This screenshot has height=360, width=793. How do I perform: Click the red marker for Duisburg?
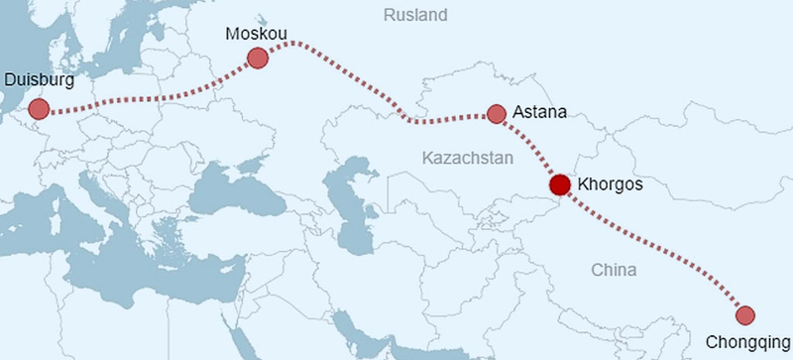[x=39, y=108]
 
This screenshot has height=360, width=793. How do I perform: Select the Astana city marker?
[x=497, y=114]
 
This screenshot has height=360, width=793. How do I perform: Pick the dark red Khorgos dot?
[x=559, y=184]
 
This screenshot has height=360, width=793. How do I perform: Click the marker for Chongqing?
[x=745, y=315]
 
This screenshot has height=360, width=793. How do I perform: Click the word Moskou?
[x=256, y=34]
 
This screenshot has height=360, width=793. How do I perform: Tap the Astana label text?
[x=540, y=113]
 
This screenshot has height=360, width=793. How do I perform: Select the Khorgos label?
[x=611, y=184]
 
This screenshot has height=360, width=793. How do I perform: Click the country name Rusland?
[x=415, y=15]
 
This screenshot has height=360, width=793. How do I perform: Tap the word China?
[x=614, y=270]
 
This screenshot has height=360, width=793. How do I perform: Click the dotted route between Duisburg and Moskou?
[x=149, y=103]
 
